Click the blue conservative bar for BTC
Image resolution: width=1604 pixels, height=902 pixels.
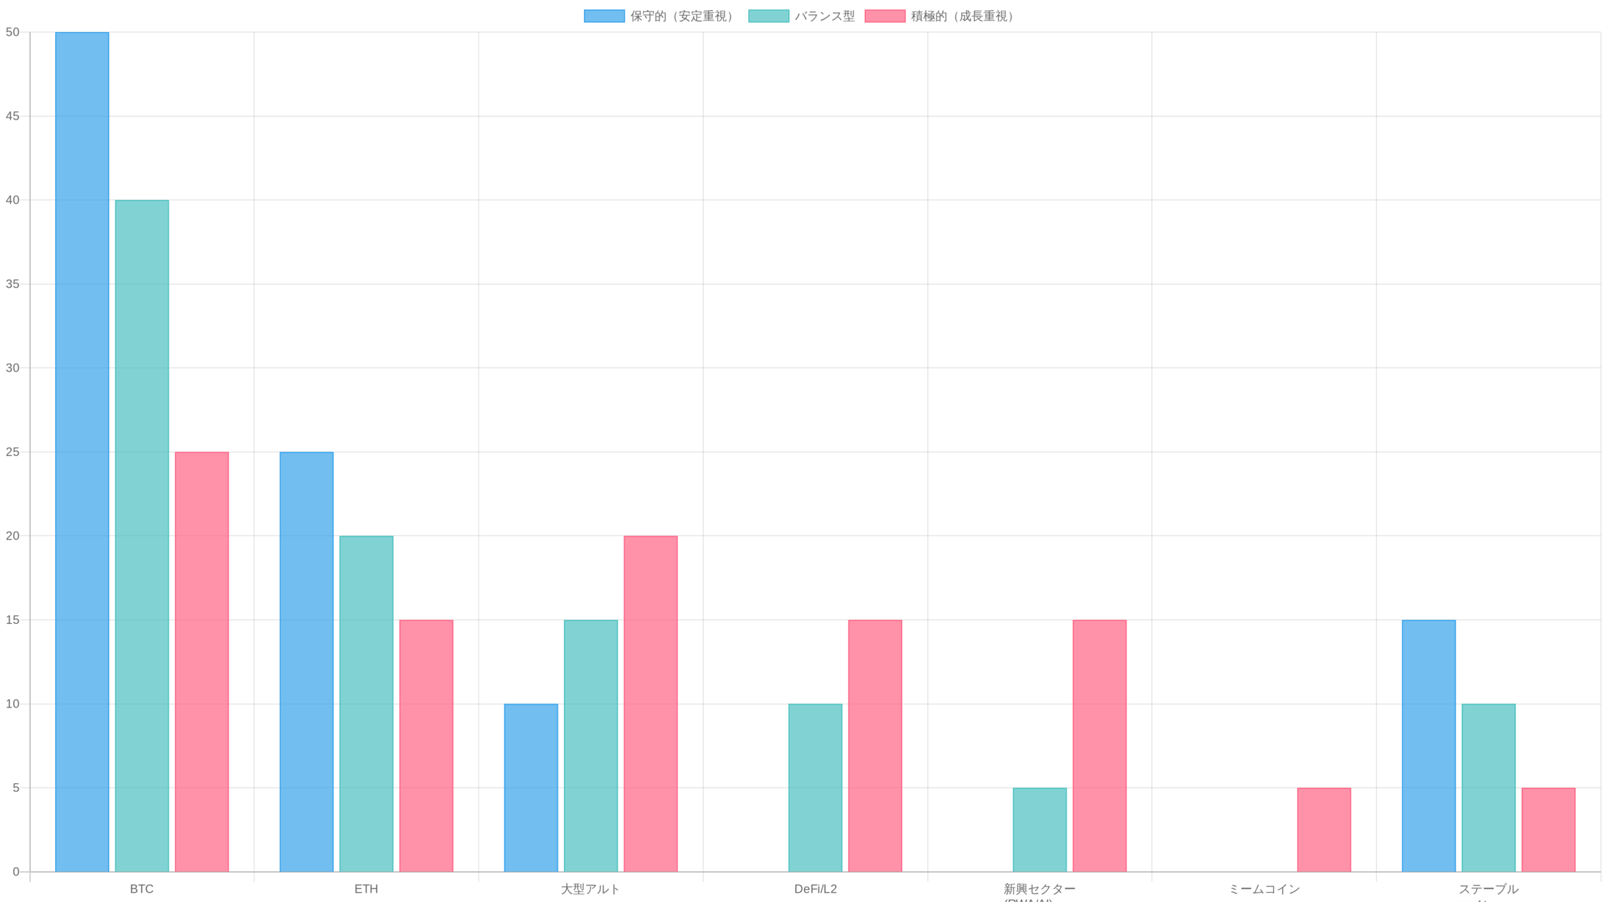coord(82,451)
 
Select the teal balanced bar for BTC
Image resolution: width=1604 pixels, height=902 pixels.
coord(142,536)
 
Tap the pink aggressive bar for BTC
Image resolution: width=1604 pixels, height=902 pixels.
coord(202,661)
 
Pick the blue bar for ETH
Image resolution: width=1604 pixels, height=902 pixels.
coord(306,661)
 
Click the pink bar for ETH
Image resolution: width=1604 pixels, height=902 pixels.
coord(426,745)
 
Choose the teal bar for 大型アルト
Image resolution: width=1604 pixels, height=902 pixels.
coord(590,745)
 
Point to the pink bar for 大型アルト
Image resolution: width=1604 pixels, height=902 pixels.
coord(650,703)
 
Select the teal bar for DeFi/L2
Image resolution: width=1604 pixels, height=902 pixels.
coord(815,787)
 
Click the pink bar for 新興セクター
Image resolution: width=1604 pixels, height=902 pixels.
coord(1099,745)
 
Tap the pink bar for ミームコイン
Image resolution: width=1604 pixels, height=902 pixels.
coord(1324,829)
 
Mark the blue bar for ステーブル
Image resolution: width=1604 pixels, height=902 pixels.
coord(1429,745)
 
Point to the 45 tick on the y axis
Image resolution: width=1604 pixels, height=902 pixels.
coord(13,116)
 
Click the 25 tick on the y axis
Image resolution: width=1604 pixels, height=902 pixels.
coord(13,452)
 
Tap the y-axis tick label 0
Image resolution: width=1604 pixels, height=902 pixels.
coord(16,871)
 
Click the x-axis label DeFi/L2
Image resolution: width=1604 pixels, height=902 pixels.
coord(815,889)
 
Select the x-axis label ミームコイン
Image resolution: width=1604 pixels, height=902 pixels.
coord(1264,889)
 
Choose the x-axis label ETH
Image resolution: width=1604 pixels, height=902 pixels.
coord(366,889)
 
